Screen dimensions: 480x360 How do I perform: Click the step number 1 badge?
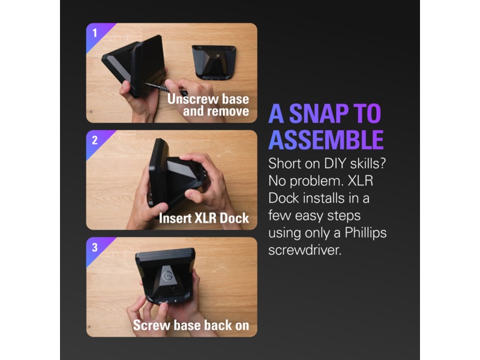[95, 33]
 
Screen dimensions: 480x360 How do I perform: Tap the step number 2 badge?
[95, 140]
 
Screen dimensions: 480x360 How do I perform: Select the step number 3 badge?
[95, 247]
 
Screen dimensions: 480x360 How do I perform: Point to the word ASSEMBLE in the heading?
[326, 140]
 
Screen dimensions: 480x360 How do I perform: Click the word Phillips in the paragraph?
[365, 233]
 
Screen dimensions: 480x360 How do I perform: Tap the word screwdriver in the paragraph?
[305, 250]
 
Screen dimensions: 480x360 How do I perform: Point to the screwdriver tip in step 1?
[145, 83]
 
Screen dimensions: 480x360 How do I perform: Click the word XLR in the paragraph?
[361, 181]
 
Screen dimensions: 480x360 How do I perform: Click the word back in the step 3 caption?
[218, 325]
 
